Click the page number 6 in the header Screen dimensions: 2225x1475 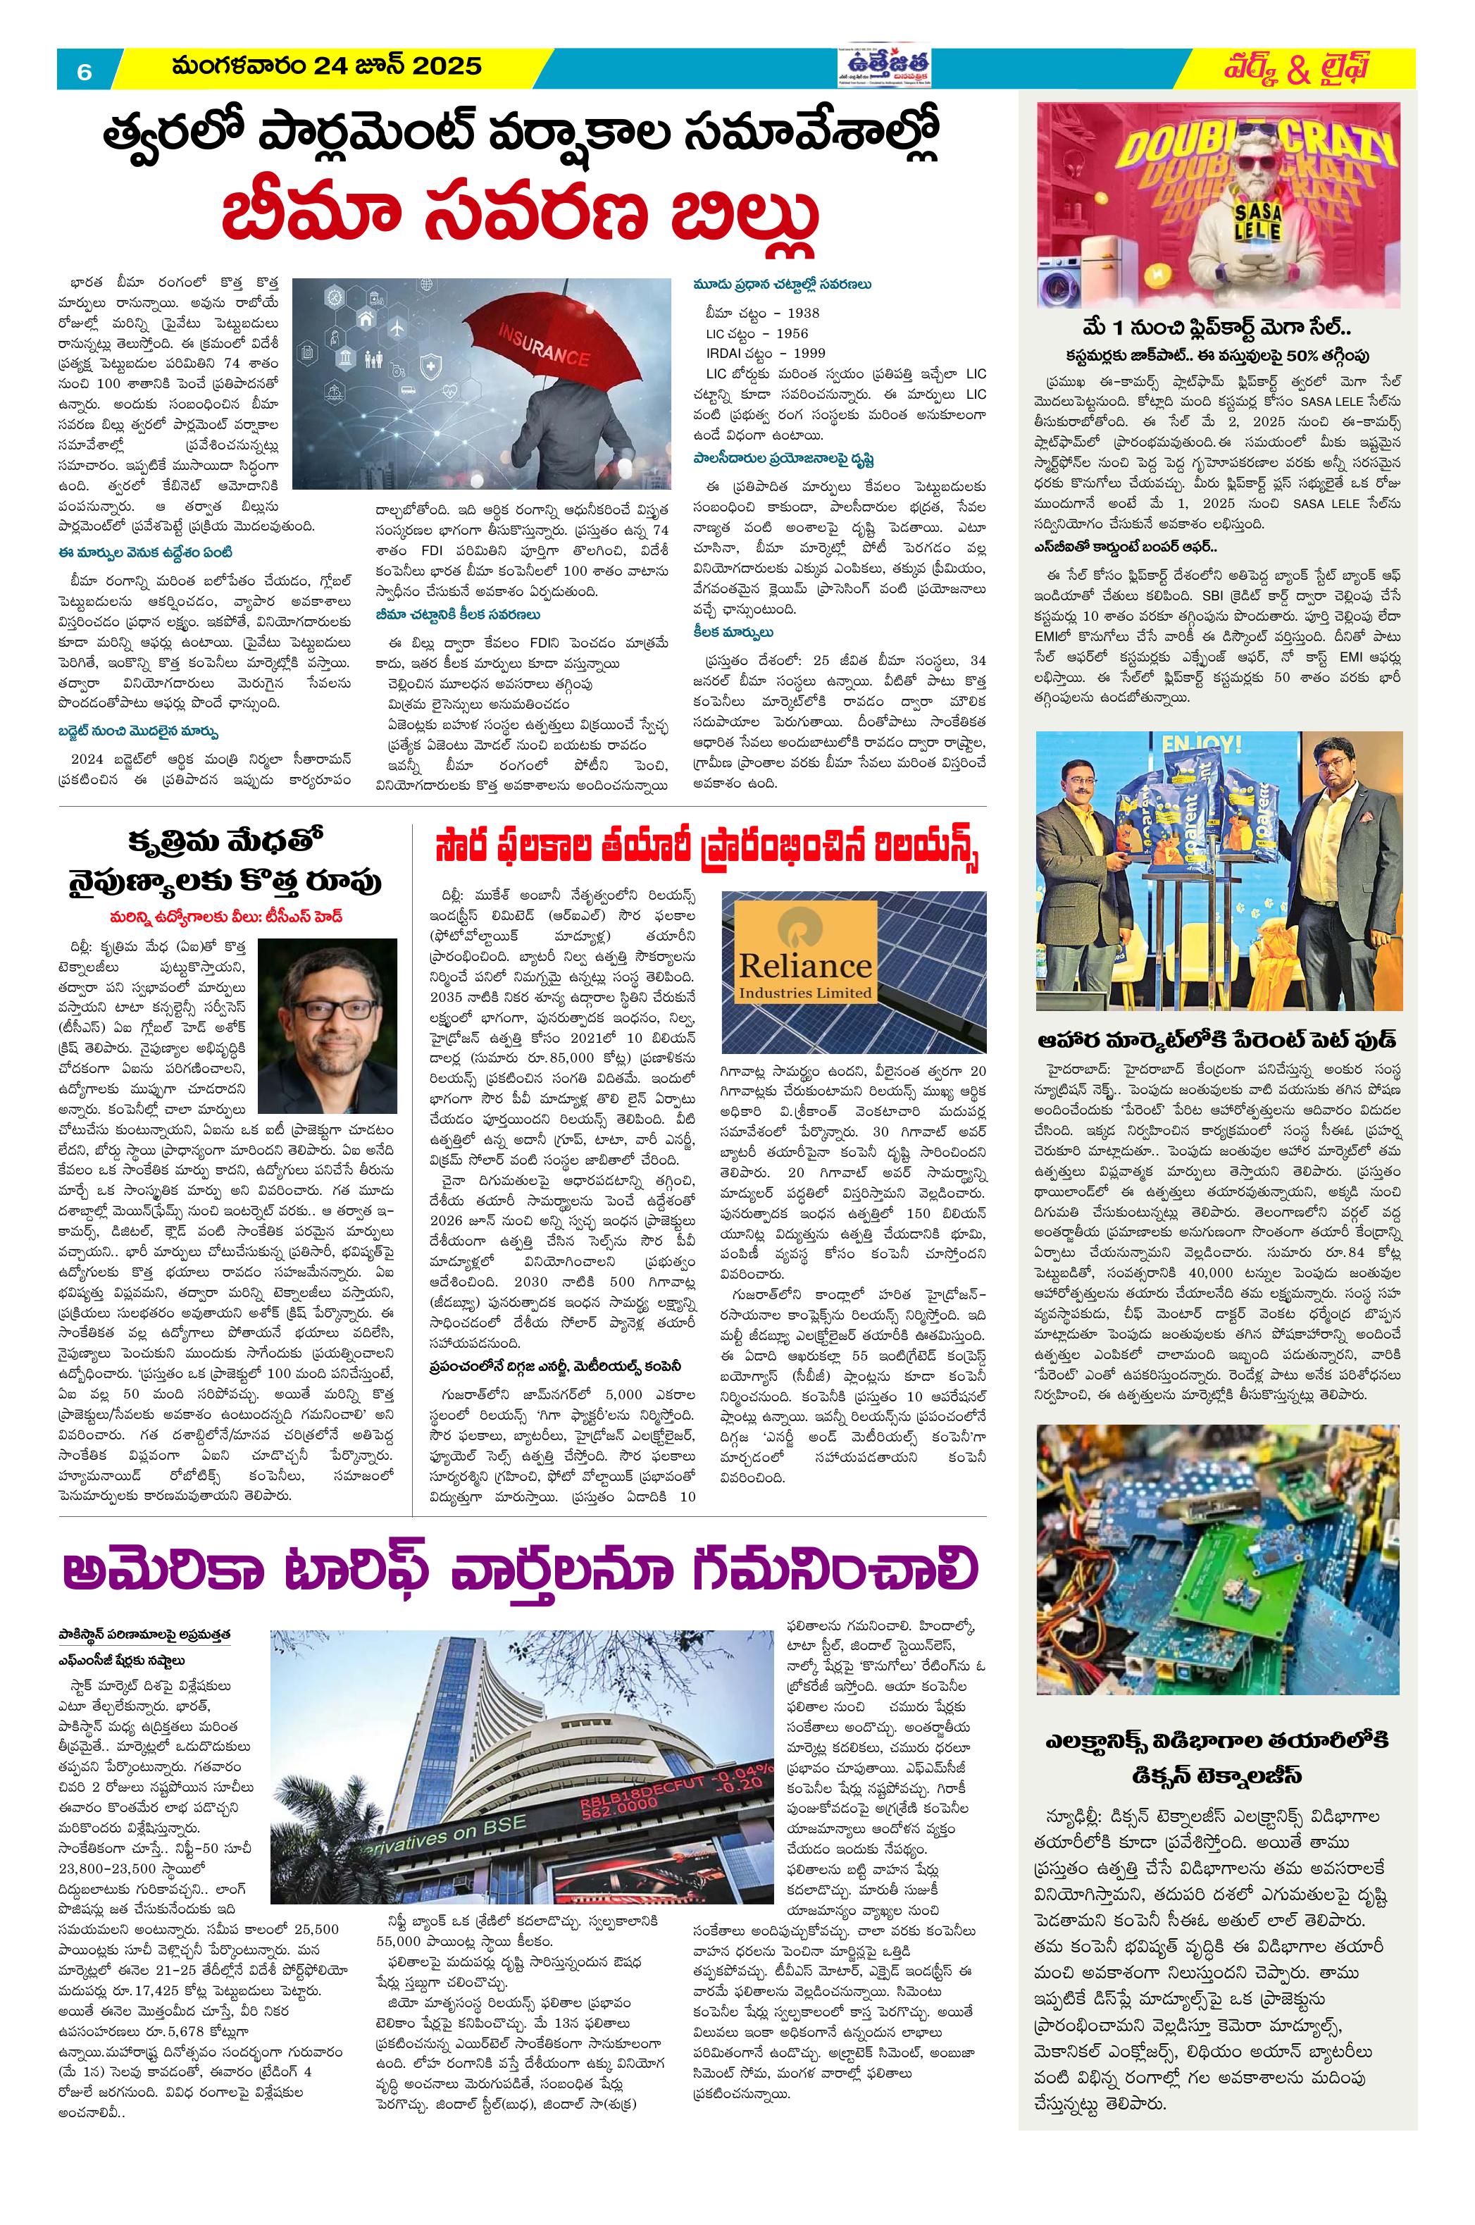tap(84, 71)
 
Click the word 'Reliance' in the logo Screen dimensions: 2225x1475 tap(804, 965)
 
